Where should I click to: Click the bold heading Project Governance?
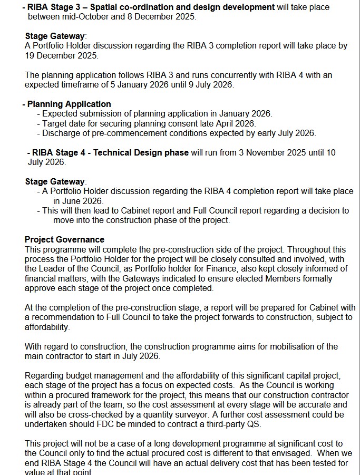point(64,240)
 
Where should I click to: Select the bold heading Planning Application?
point(69,104)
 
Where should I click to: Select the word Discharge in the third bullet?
point(62,133)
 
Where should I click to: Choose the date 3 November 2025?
point(267,152)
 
